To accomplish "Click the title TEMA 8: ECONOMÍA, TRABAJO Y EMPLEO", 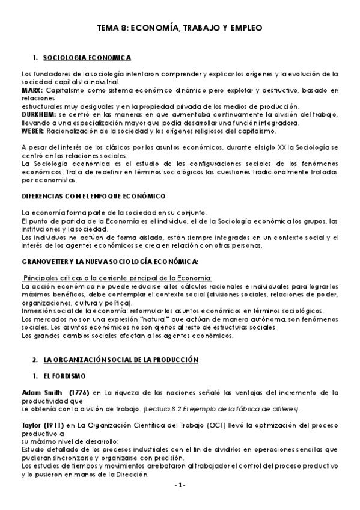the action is [180, 28].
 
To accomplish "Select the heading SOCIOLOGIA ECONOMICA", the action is [87, 57].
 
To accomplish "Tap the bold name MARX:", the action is [31, 90].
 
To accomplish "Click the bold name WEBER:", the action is [32, 130].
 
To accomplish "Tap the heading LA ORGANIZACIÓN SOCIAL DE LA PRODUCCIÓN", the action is [121, 359].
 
